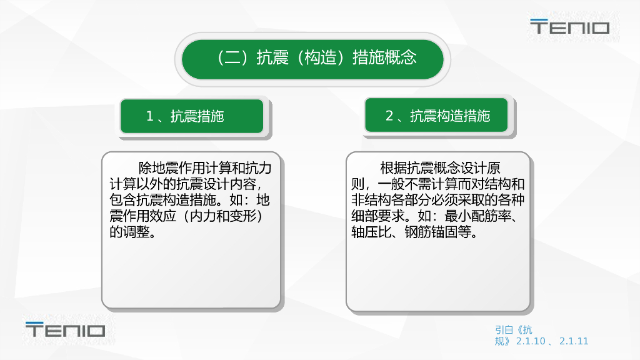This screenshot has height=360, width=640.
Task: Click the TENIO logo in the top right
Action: coord(570,26)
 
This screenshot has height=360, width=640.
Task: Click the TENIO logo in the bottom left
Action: coord(65,329)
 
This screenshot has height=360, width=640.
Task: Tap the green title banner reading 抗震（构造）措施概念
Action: coord(312,59)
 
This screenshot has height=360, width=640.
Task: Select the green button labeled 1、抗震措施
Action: coord(192,116)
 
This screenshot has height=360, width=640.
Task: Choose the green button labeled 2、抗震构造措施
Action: coord(436,115)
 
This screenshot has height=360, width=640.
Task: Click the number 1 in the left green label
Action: coord(150,116)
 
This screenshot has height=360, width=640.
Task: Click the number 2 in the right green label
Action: coord(389,116)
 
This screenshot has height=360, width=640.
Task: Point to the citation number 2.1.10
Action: coord(531,341)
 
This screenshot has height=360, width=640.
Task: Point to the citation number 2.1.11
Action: coord(574,341)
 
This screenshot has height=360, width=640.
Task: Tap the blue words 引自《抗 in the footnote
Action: coord(514,330)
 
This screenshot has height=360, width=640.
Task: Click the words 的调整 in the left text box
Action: coord(129,232)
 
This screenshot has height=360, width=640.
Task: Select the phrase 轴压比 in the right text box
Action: coord(371,232)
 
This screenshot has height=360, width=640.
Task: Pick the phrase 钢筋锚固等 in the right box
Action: coord(437,232)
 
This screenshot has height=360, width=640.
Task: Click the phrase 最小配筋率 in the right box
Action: coord(477,216)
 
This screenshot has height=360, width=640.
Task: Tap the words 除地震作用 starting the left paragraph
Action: coord(171,167)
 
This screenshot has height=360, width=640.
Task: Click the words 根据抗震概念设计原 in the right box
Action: coord(440,167)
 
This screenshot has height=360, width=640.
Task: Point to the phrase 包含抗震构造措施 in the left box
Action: coord(162,200)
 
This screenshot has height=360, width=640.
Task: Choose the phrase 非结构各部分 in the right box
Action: coord(391,200)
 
